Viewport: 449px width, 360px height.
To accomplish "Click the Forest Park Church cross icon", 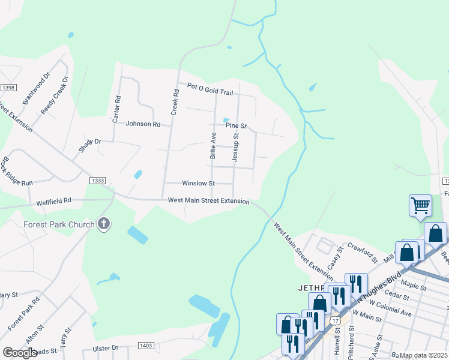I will click(104, 225).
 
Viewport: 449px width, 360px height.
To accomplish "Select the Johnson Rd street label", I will click(143, 124).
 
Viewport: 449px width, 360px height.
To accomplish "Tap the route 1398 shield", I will click(8, 88).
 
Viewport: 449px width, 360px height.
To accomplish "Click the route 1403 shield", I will click(146, 346).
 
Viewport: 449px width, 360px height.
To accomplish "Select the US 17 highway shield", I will click(334, 321).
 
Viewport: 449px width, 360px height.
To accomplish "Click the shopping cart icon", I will click(420, 205).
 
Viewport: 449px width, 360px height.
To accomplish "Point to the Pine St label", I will click(236, 126).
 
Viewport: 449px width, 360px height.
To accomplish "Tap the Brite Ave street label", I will click(213, 146).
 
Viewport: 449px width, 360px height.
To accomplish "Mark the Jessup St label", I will click(236, 148).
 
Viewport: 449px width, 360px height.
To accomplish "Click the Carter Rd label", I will click(116, 109).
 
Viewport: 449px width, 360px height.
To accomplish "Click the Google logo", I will click(20, 353).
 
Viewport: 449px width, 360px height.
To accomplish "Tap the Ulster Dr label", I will click(106, 348).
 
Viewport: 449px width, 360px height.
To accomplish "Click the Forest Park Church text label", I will click(59, 225).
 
